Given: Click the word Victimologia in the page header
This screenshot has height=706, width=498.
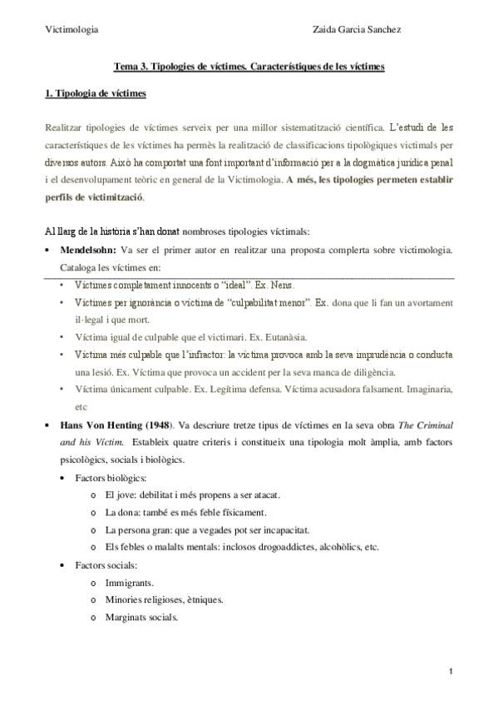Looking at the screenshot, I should [71, 29].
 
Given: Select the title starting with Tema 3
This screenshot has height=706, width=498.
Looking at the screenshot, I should [249, 67].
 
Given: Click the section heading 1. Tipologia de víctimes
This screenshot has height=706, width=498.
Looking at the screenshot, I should [96, 93].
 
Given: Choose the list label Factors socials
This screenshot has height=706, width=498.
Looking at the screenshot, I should [106, 565].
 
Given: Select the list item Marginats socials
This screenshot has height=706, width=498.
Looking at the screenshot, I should [141, 617].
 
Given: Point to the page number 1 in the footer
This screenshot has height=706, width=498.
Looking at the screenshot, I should [450, 671].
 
